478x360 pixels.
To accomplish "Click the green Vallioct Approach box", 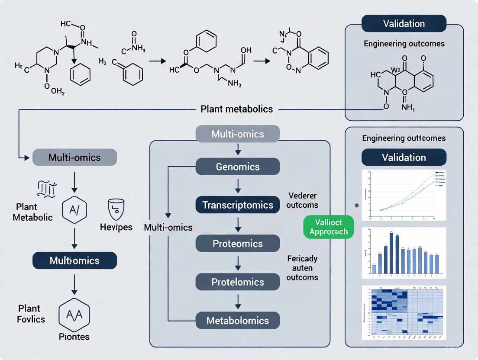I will coord(329,227).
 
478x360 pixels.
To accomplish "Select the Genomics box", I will coord(238,167).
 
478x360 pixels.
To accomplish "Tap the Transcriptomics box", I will coord(238,205).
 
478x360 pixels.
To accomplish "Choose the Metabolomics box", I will coord(238,321).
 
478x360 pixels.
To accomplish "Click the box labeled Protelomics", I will coord(238,282).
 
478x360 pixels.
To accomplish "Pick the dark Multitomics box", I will coord(74,260).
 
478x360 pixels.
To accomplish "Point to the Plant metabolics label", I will coord(237,109).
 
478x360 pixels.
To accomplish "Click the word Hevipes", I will coord(116,227).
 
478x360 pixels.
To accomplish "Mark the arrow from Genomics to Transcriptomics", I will coord(238,186).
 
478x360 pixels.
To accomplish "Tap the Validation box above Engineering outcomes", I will coord(404,23).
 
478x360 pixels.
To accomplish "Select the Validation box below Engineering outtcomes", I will coord(404,157).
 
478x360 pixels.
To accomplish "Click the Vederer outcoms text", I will coord(302,200).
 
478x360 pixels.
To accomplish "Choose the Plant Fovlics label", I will coord(31,314).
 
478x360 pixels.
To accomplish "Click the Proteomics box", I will coord(238,244).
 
